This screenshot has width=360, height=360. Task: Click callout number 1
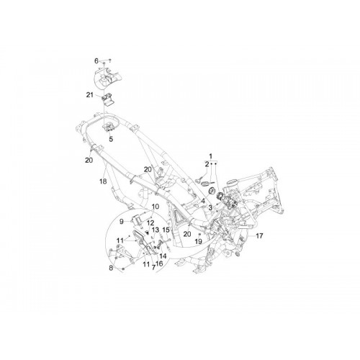click(211, 156)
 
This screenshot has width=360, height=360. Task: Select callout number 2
click(207, 164)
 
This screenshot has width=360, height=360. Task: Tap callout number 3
click(210, 207)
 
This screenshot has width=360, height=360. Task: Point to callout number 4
click(203, 201)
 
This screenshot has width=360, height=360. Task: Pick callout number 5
click(111, 139)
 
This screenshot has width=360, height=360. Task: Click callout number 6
click(96, 61)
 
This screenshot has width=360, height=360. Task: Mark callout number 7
click(153, 268)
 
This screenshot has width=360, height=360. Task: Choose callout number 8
click(111, 268)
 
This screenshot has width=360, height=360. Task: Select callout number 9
click(122, 222)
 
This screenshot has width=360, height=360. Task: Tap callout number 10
click(156, 207)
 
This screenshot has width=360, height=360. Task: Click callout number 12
click(150, 223)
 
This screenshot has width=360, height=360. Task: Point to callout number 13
click(156, 230)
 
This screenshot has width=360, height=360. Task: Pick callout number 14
click(163, 256)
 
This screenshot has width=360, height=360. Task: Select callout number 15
click(166, 230)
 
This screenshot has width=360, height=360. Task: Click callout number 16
click(159, 264)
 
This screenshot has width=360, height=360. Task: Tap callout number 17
click(259, 236)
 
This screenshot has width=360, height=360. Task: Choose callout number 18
click(103, 181)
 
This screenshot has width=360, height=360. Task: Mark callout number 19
click(198, 241)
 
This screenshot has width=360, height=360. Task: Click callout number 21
click(90, 95)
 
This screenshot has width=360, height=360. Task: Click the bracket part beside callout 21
click(108, 99)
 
